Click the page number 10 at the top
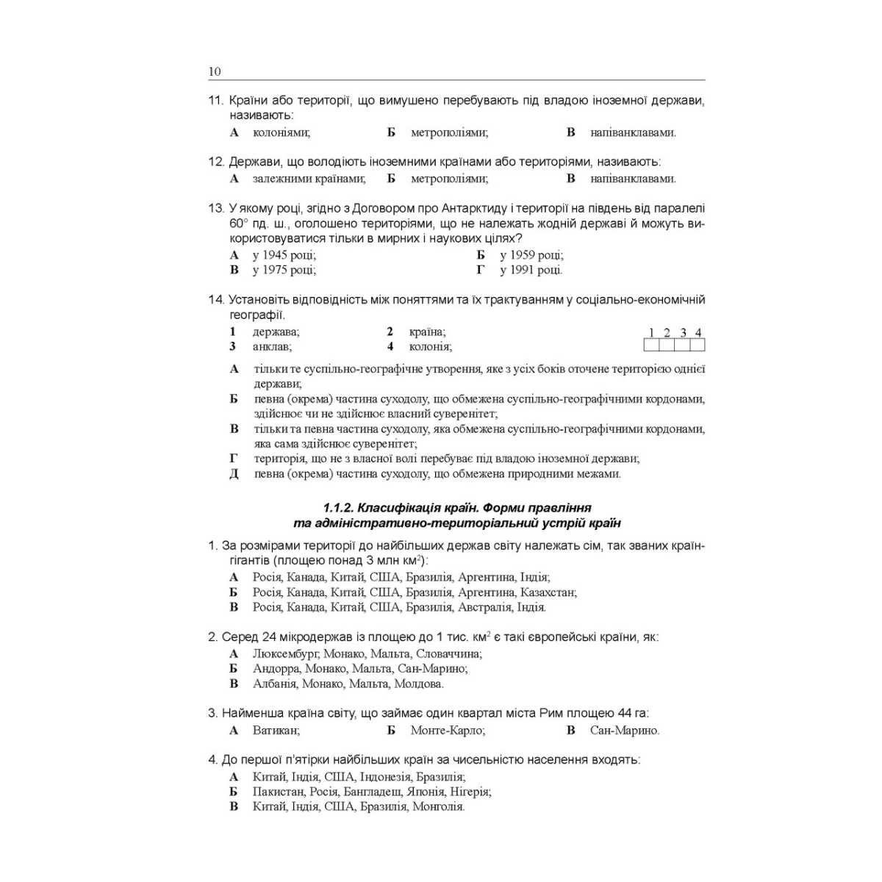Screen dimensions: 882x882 (x=215, y=72)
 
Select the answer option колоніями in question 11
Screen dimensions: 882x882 (x=281, y=133)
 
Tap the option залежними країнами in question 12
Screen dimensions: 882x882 (x=309, y=179)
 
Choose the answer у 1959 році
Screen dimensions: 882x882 (x=531, y=255)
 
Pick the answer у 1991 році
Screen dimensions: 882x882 (x=531, y=270)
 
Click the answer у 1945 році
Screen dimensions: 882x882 (x=284, y=255)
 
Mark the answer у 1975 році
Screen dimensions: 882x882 (x=284, y=270)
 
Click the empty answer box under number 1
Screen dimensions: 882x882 (x=651, y=345)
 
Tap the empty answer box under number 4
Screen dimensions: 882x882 (x=698, y=345)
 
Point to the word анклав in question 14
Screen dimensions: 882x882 (x=271, y=346)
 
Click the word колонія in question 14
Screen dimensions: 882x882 (x=430, y=346)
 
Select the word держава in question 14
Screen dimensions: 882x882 (x=275, y=331)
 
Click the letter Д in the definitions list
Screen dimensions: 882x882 (x=234, y=474)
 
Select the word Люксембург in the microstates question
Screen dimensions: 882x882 (x=285, y=653)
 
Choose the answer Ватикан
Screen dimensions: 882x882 (x=276, y=731)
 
